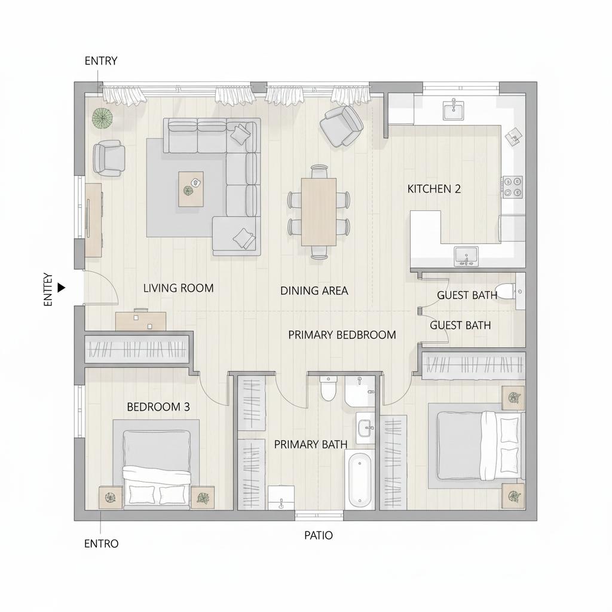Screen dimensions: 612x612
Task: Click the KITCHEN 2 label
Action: click(434, 189)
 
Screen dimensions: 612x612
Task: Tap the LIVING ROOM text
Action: click(178, 288)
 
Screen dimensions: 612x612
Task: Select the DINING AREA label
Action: click(314, 291)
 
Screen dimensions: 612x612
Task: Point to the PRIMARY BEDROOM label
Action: click(342, 335)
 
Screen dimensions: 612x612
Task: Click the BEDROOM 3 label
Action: click(158, 407)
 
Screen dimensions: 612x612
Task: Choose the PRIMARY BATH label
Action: click(310, 444)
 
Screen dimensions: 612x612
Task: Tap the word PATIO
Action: click(319, 535)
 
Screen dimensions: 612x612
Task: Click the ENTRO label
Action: click(101, 544)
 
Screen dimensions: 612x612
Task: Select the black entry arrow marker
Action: click(61, 288)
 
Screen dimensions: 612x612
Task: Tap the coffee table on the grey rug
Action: click(191, 189)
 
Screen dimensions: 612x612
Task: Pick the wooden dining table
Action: click(319, 211)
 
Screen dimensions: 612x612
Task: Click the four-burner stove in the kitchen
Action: click(512, 186)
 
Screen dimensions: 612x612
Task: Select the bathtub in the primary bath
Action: click(360, 480)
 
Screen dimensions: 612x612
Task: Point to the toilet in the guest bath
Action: click(507, 291)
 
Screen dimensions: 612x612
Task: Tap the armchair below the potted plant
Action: click(109, 158)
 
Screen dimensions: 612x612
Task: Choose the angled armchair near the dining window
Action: click(342, 126)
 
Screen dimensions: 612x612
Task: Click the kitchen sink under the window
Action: click(454, 110)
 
